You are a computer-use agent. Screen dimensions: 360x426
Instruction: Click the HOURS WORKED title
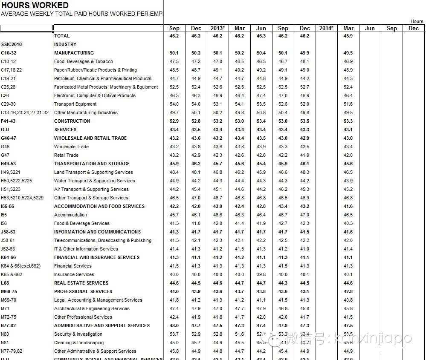pyautogui.click(x=35, y=5)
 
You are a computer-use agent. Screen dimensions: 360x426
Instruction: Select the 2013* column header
pyautogui.click(x=217, y=28)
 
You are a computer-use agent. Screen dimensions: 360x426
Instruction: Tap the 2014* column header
pyautogui.click(x=326, y=28)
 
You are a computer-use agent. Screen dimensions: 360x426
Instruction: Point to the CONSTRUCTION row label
pyautogui.click(x=72, y=121)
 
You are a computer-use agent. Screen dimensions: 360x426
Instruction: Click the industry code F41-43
pyautogui.click(x=9, y=121)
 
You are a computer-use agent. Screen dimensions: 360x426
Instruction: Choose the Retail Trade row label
pyautogui.click(x=66, y=155)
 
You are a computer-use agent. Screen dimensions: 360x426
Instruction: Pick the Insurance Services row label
pyautogui.click(x=74, y=274)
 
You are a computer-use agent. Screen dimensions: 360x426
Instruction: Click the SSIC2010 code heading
pyautogui.click(x=12, y=44)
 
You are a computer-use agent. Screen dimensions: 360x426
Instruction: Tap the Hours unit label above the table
pyautogui.click(x=417, y=21)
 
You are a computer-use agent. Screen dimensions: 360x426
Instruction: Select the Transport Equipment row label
pyautogui.click(x=75, y=104)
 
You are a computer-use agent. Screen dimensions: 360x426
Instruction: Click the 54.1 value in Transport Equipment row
pyautogui.click(x=239, y=104)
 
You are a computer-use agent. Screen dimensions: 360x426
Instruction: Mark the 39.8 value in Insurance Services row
pyautogui.click(x=261, y=274)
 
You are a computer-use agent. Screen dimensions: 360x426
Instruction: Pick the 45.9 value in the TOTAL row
pyautogui.click(x=348, y=36)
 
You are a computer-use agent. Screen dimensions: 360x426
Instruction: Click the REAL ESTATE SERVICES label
pyautogui.click(x=81, y=283)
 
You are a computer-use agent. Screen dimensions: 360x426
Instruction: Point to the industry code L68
pyautogui.click(x=5, y=283)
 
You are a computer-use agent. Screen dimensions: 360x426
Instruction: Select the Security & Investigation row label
pyautogui.click(x=78, y=334)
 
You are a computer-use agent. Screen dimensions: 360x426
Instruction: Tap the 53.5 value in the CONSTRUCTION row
pyautogui.click(x=304, y=121)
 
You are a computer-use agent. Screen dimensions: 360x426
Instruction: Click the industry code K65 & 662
pyautogui.click(x=12, y=274)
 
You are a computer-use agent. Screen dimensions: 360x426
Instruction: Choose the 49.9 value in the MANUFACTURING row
pyautogui.click(x=304, y=53)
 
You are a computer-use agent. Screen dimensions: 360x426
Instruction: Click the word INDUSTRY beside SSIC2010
pyautogui.click(x=65, y=44)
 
